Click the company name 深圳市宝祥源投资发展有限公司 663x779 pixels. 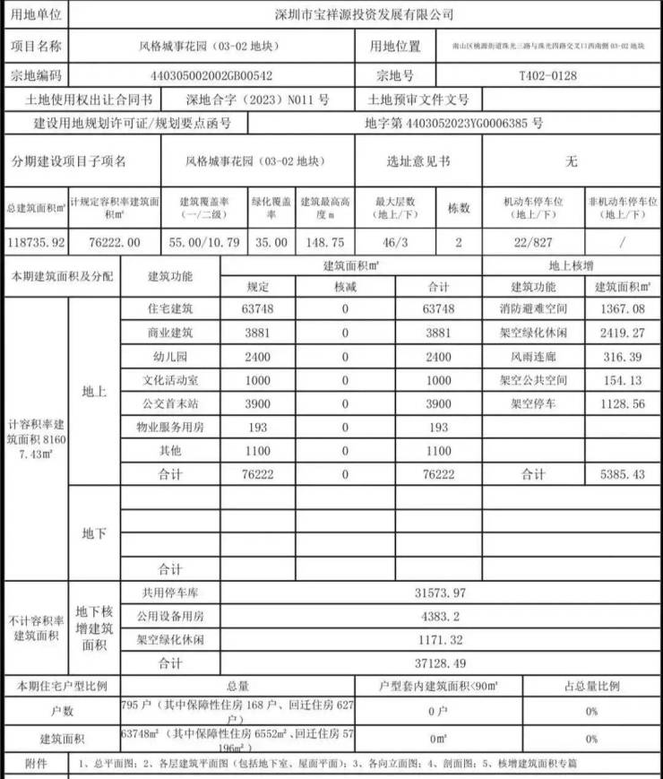pyautogui.click(x=363, y=14)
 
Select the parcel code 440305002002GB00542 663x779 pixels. pyautogui.click(x=212, y=76)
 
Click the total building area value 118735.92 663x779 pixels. pyautogui.click(x=35, y=243)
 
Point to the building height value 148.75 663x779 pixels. pyautogui.click(x=324, y=243)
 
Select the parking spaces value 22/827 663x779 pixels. pyautogui.click(x=534, y=243)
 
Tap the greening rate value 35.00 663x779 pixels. pyautogui.click(x=271, y=243)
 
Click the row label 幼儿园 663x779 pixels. pyautogui.click(x=169, y=356)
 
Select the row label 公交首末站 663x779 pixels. pyautogui.click(x=169, y=403)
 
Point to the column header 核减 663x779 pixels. pyautogui.click(x=345, y=287)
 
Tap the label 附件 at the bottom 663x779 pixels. pyautogui.click(x=36, y=765)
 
